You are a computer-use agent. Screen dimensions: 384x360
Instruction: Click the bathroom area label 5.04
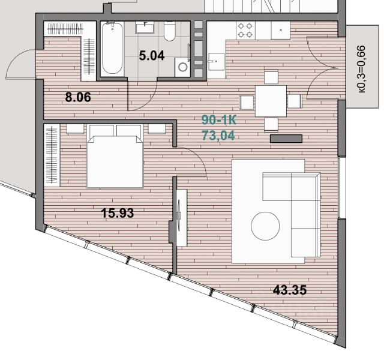[x=152, y=56]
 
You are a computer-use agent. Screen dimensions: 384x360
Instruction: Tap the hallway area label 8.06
[x=78, y=97]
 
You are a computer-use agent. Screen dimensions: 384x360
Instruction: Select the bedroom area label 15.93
[x=118, y=213]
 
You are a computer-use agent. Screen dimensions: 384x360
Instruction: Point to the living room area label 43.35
[x=289, y=290]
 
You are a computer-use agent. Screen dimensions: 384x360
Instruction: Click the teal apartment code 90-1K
[x=218, y=120]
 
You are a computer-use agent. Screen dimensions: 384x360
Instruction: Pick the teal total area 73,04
[x=218, y=136]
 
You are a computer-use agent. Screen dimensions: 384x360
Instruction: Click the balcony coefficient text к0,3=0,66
[x=361, y=69]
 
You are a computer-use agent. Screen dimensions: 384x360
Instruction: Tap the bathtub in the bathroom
[x=112, y=49]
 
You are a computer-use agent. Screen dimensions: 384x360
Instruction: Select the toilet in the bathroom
[x=169, y=31]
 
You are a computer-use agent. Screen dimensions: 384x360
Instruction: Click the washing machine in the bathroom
[x=182, y=67]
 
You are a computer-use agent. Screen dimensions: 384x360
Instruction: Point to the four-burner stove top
[x=245, y=30]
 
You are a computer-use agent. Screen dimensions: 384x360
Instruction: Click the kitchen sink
[x=216, y=61]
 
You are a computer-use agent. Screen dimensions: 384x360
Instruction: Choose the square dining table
[x=271, y=101]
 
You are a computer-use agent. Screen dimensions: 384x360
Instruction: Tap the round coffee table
[x=265, y=226]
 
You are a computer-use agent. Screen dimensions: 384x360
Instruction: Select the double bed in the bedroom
[x=115, y=156]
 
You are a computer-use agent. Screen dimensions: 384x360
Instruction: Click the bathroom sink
[x=145, y=27]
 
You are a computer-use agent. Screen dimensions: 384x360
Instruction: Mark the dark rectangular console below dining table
[x=286, y=139]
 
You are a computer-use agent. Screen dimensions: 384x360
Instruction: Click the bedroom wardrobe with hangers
[x=52, y=155]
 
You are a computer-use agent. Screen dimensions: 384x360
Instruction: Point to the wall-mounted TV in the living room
[x=179, y=215]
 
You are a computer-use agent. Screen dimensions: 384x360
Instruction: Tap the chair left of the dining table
[x=246, y=103]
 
